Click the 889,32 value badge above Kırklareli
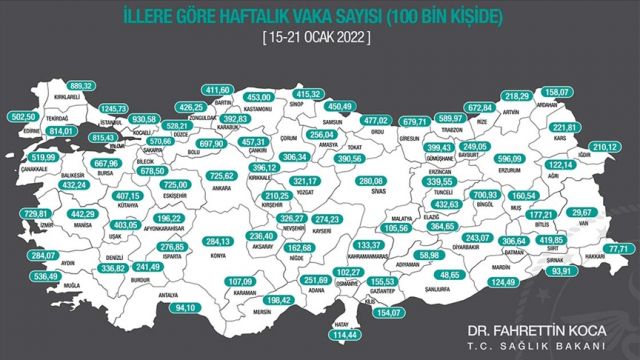point(81,87)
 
